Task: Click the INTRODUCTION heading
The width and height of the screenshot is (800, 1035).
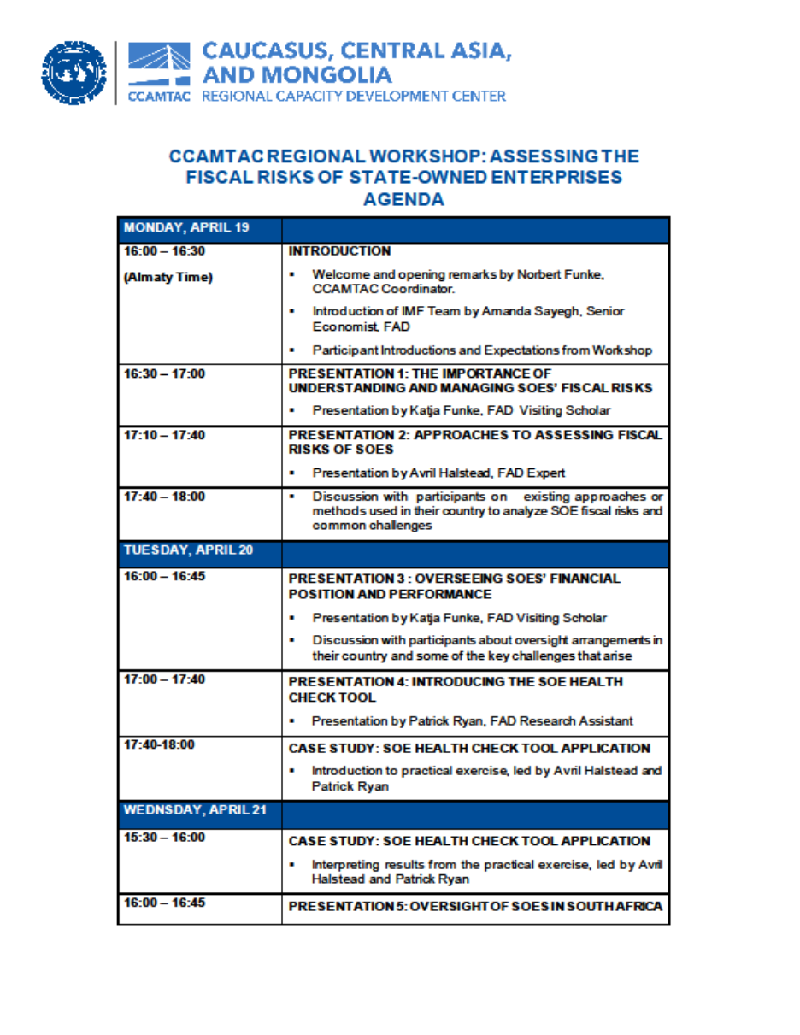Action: (x=339, y=251)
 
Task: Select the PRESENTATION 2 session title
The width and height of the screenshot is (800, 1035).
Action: (x=474, y=441)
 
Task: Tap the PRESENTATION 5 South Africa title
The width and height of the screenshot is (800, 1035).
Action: (x=475, y=906)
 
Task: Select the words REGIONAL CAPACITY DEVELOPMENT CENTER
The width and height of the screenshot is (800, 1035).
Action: (x=353, y=97)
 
